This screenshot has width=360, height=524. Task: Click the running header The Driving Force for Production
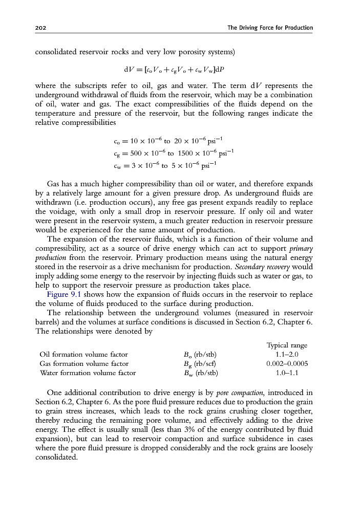tap(270, 28)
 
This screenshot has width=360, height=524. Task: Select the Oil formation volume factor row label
tap(83, 354)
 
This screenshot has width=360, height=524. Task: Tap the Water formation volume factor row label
tap(88, 373)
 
